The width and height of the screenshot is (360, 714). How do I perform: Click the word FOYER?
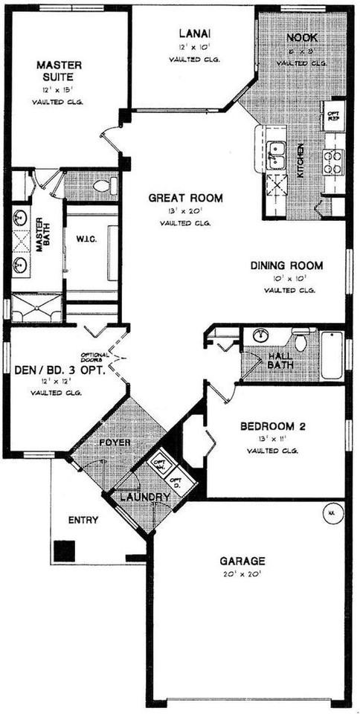click(115, 443)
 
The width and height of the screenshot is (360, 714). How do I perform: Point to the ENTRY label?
click(83, 520)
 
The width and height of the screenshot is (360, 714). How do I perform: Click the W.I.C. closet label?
click(83, 239)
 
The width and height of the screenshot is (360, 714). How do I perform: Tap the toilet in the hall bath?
click(300, 341)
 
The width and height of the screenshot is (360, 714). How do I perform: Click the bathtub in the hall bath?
click(332, 355)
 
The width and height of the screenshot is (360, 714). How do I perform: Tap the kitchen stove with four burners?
click(332, 161)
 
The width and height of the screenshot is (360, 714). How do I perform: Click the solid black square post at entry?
click(64, 551)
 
